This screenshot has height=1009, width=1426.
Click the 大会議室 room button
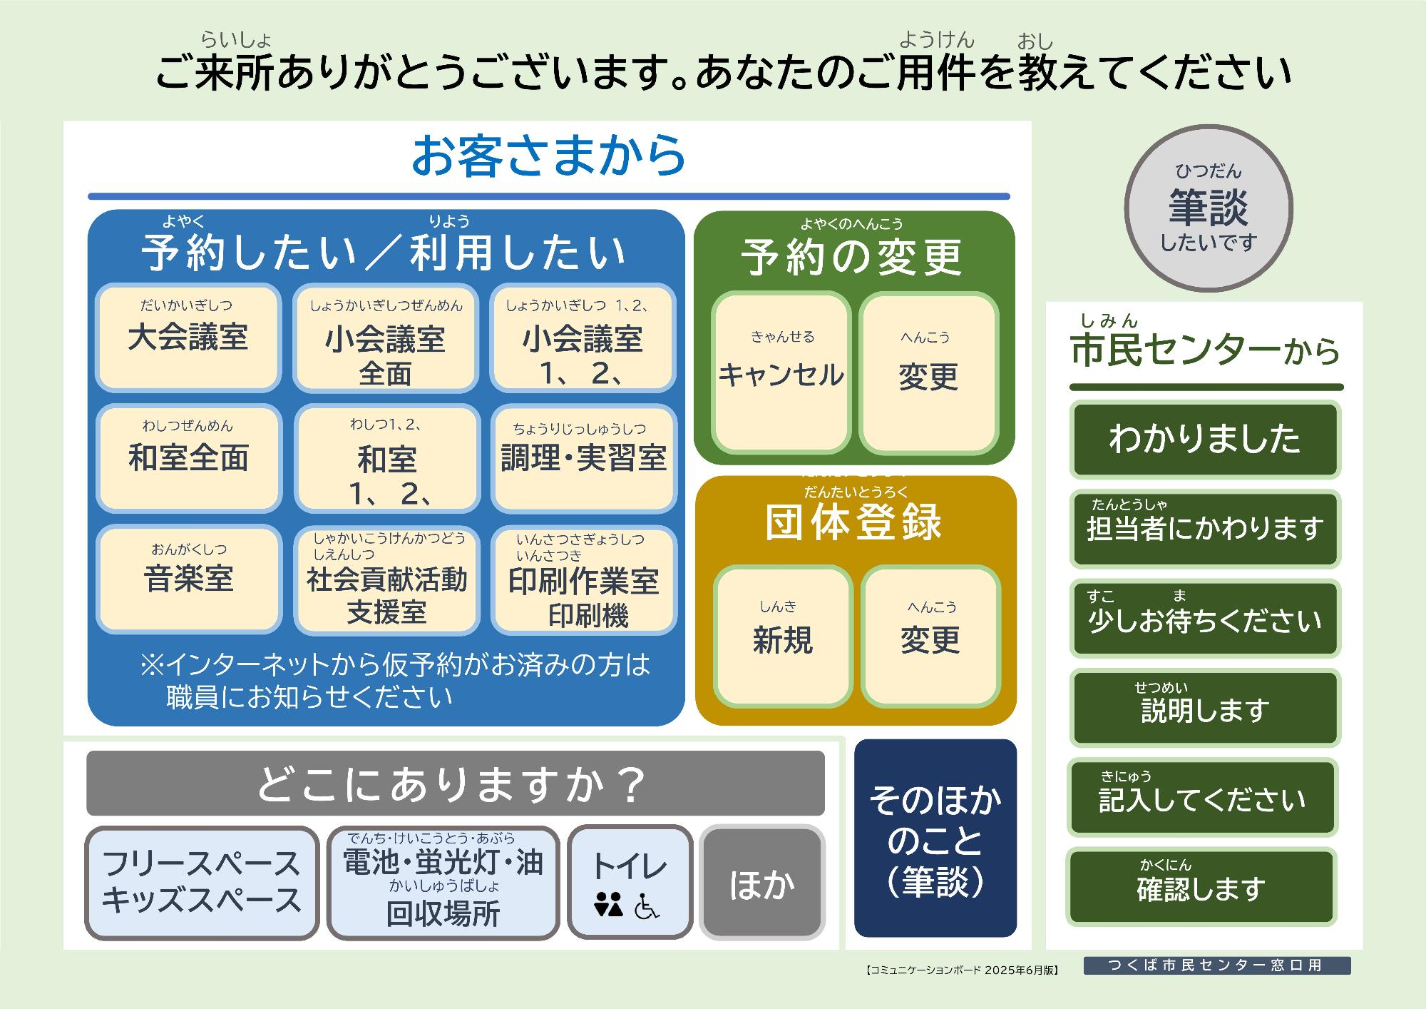(x=188, y=338)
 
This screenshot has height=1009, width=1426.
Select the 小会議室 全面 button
(x=385, y=339)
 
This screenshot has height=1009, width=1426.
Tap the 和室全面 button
(x=188, y=458)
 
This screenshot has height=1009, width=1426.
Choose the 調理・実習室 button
(x=583, y=458)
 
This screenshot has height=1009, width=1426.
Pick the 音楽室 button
(x=188, y=579)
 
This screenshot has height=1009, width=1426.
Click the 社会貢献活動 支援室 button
(x=386, y=580)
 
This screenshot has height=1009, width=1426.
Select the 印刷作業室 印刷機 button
(x=583, y=580)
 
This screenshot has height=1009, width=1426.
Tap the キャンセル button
(x=781, y=372)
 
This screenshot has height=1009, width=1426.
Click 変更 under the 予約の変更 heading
(x=928, y=372)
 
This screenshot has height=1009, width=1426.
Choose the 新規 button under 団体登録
(x=783, y=637)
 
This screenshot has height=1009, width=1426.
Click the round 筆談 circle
(x=1209, y=208)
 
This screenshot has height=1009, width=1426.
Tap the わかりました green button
(x=1204, y=439)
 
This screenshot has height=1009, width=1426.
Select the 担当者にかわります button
(x=1204, y=529)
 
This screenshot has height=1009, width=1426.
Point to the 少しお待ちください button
(x=1204, y=619)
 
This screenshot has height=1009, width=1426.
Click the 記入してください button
(x=1202, y=798)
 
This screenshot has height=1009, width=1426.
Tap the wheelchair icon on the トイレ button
(x=647, y=906)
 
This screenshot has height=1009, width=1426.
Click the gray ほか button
(x=761, y=883)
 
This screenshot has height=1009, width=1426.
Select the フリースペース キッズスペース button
(x=202, y=883)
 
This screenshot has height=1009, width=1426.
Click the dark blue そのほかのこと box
(x=935, y=838)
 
